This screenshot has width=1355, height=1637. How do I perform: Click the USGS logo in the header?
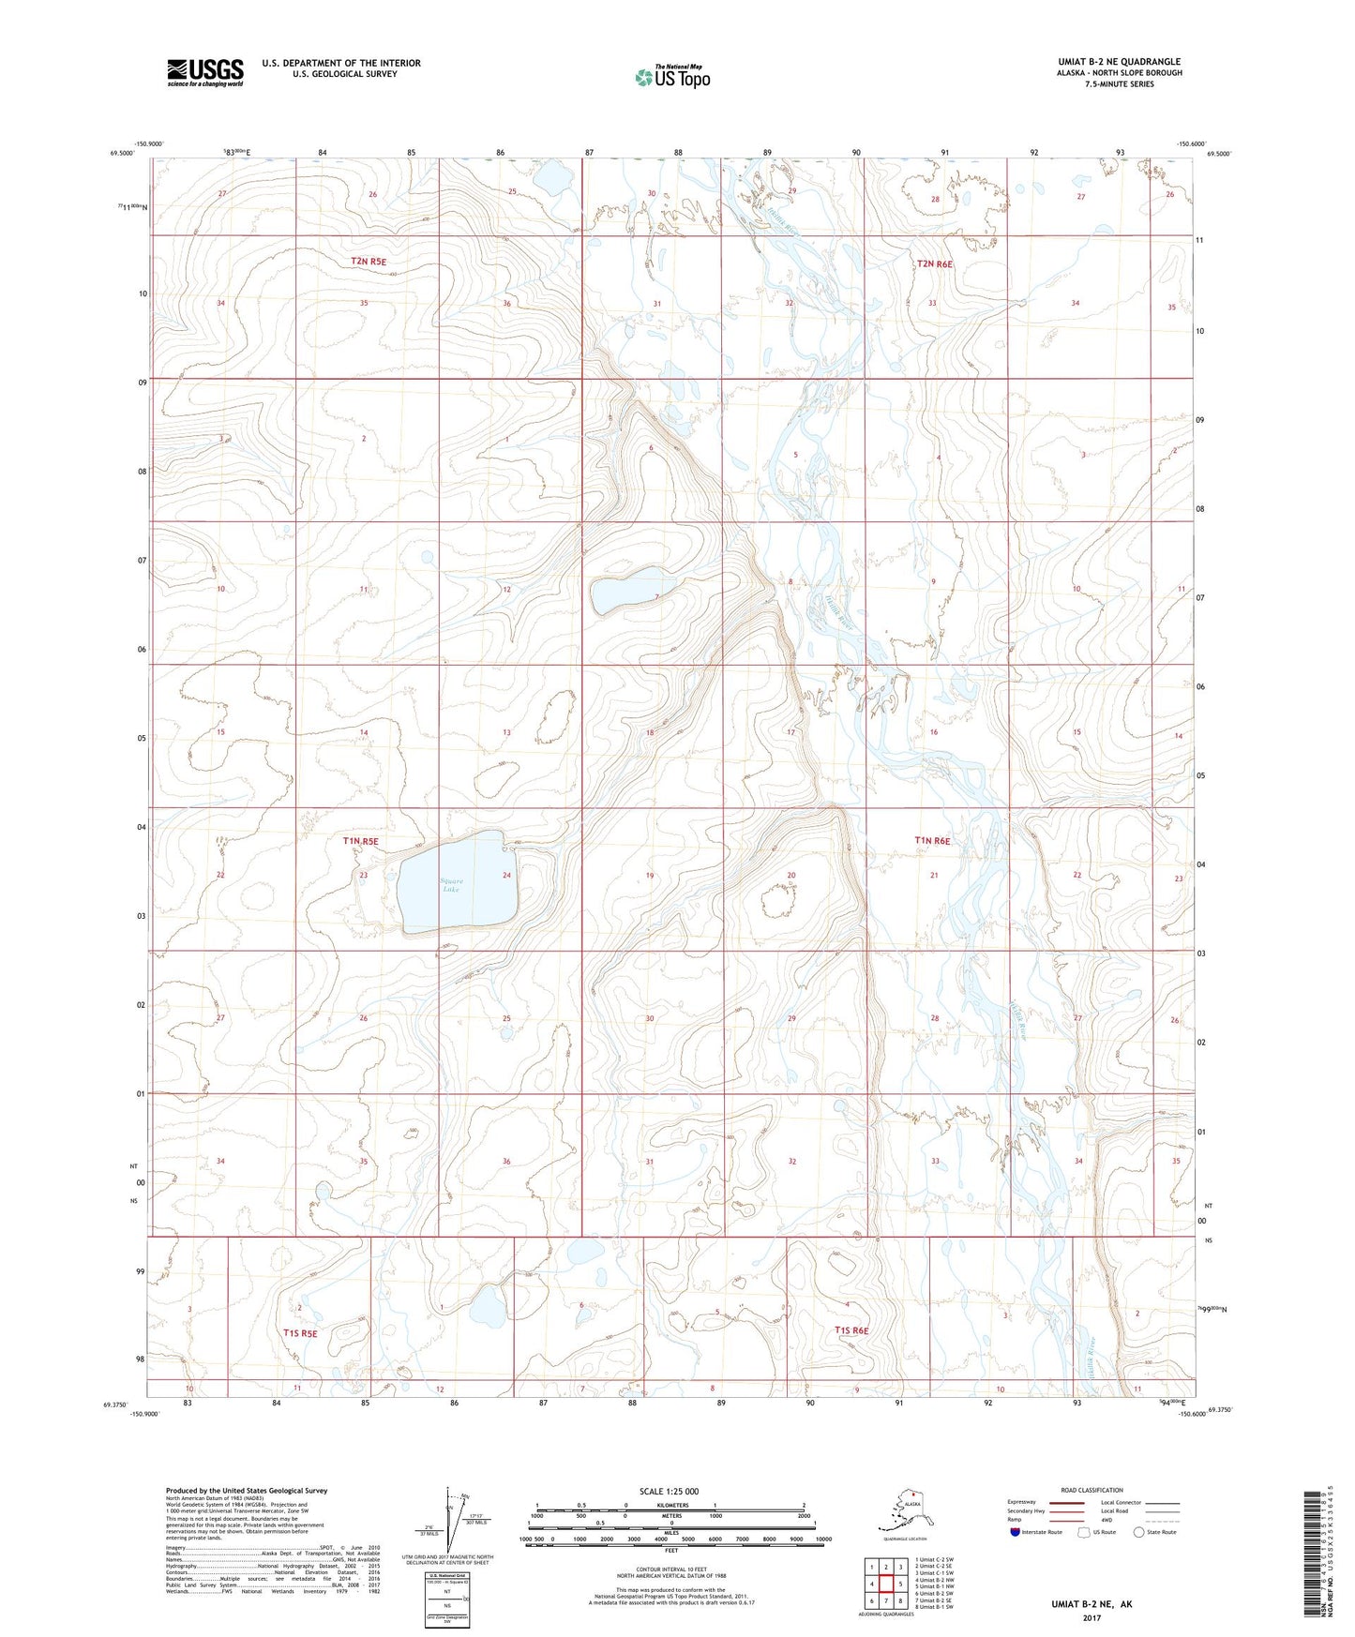(x=205, y=71)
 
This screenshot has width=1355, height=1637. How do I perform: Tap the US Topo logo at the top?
(x=671, y=76)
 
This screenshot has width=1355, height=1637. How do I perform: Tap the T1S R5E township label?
(x=300, y=1333)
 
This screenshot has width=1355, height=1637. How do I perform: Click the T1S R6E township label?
(x=851, y=1330)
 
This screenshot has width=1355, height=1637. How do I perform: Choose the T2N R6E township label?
(x=934, y=264)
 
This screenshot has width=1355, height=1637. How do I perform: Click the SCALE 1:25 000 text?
(x=669, y=1491)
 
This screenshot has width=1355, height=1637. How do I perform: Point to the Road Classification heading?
(x=1092, y=1490)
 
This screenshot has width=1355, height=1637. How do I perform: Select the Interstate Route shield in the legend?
(x=1016, y=1532)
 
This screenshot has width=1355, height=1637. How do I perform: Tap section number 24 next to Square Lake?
(x=506, y=876)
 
